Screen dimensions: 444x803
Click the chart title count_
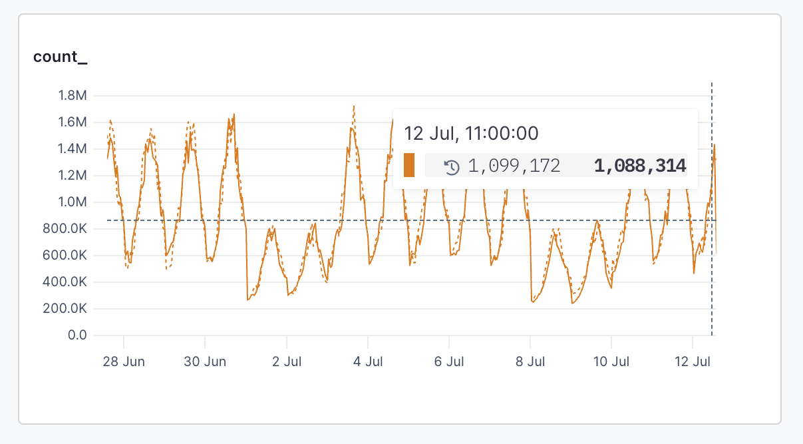(61, 57)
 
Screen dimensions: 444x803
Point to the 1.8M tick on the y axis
(73, 96)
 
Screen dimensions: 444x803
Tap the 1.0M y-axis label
(73, 202)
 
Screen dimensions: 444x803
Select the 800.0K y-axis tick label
(65, 229)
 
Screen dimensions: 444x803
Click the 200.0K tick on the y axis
(65, 309)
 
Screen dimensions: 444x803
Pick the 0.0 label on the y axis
(78, 335)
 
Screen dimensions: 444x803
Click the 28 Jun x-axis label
(124, 362)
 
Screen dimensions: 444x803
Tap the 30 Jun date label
(205, 362)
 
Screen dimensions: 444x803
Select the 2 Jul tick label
(286, 362)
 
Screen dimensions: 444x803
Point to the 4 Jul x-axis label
(368, 362)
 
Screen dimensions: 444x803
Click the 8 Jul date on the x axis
(530, 362)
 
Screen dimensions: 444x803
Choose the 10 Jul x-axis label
(611, 362)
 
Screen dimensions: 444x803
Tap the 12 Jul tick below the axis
(693, 362)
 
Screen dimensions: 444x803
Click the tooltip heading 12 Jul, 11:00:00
(471, 133)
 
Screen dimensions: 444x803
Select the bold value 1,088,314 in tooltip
(640, 166)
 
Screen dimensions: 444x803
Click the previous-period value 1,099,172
(514, 166)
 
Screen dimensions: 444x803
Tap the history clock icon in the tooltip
(452, 166)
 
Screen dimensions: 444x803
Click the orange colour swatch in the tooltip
(409, 165)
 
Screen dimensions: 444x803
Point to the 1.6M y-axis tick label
(73, 122)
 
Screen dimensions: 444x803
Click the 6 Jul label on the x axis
(449, 362)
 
